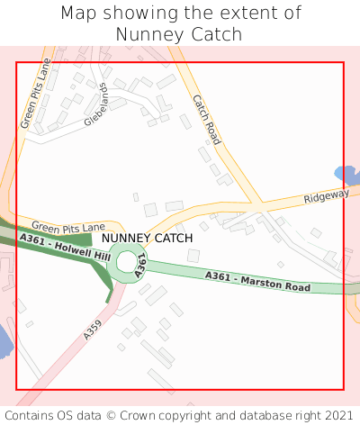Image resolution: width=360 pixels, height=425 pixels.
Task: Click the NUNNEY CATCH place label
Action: tap(147, 238)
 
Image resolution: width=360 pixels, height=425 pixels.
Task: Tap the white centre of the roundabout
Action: tap(127, 262)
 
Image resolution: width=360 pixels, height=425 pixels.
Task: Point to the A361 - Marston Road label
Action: tap(257, 281)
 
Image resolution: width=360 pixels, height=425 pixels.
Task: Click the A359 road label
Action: tap(93, 329)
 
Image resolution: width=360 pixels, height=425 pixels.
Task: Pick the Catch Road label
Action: tap(206, 120)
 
